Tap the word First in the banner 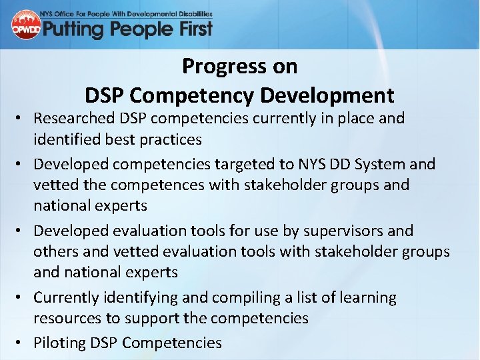pos(188,29)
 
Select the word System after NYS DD pos(384,164)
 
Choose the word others pos(55,251)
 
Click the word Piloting pos(61,343)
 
